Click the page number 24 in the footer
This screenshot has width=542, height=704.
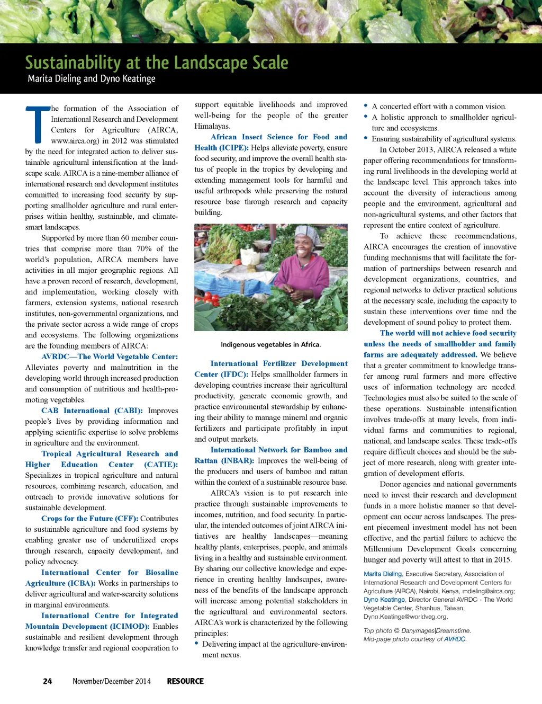tap(48, 681)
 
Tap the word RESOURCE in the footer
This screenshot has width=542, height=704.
tap(185, 681)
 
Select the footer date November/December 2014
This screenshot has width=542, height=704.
tap(112, 681)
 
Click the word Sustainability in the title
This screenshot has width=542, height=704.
tap(73, 63)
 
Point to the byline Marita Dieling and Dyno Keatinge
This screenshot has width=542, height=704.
tap(92, 79)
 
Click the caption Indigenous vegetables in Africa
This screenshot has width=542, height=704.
tap(270, 344)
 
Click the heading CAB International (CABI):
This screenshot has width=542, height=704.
tap(92, 411)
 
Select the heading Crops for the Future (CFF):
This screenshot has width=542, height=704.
tap(89, 519)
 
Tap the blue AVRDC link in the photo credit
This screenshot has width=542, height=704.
tap(455, 639)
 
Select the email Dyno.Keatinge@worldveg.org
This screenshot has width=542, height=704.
tap(405, 617)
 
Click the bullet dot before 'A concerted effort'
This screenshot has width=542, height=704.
tap(366, 106)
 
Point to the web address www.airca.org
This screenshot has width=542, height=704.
tap(75, 141)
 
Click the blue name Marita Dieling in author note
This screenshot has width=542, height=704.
tap(383, 574)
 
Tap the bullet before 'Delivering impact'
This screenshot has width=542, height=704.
tap(196, 644)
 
